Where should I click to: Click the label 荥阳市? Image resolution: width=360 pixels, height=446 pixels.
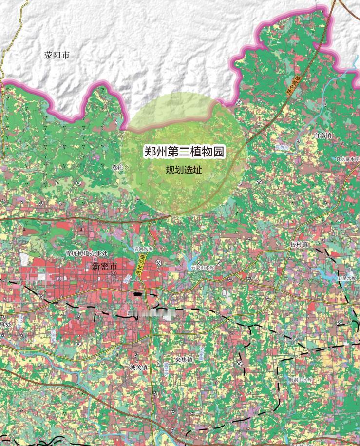coord(57,55)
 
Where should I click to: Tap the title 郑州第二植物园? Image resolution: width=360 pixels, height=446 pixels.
coord(185,152)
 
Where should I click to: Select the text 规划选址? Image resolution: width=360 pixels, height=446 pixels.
coord(184,171)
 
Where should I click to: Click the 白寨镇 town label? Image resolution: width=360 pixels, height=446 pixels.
coord(322,136)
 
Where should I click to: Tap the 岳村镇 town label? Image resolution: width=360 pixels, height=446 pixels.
coord(299,244)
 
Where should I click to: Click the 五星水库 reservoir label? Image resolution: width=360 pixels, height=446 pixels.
coord(347,278)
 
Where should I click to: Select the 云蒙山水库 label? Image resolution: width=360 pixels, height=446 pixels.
coord(202,268)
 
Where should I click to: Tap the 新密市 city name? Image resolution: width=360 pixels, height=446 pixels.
coord(104,267)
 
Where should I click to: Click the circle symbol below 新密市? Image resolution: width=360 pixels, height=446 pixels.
coord(114,274)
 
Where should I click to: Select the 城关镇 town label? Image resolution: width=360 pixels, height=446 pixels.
coord(138,367)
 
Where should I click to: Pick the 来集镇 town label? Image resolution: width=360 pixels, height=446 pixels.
coord(185,360)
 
